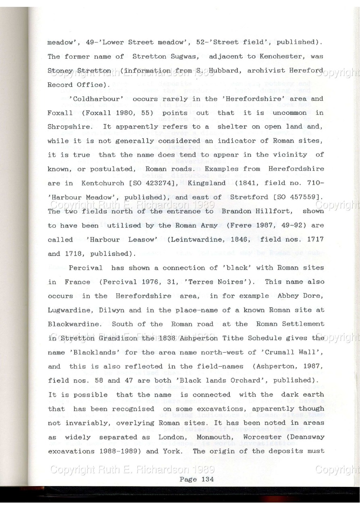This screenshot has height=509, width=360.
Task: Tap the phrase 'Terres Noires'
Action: tap(218, 282)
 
